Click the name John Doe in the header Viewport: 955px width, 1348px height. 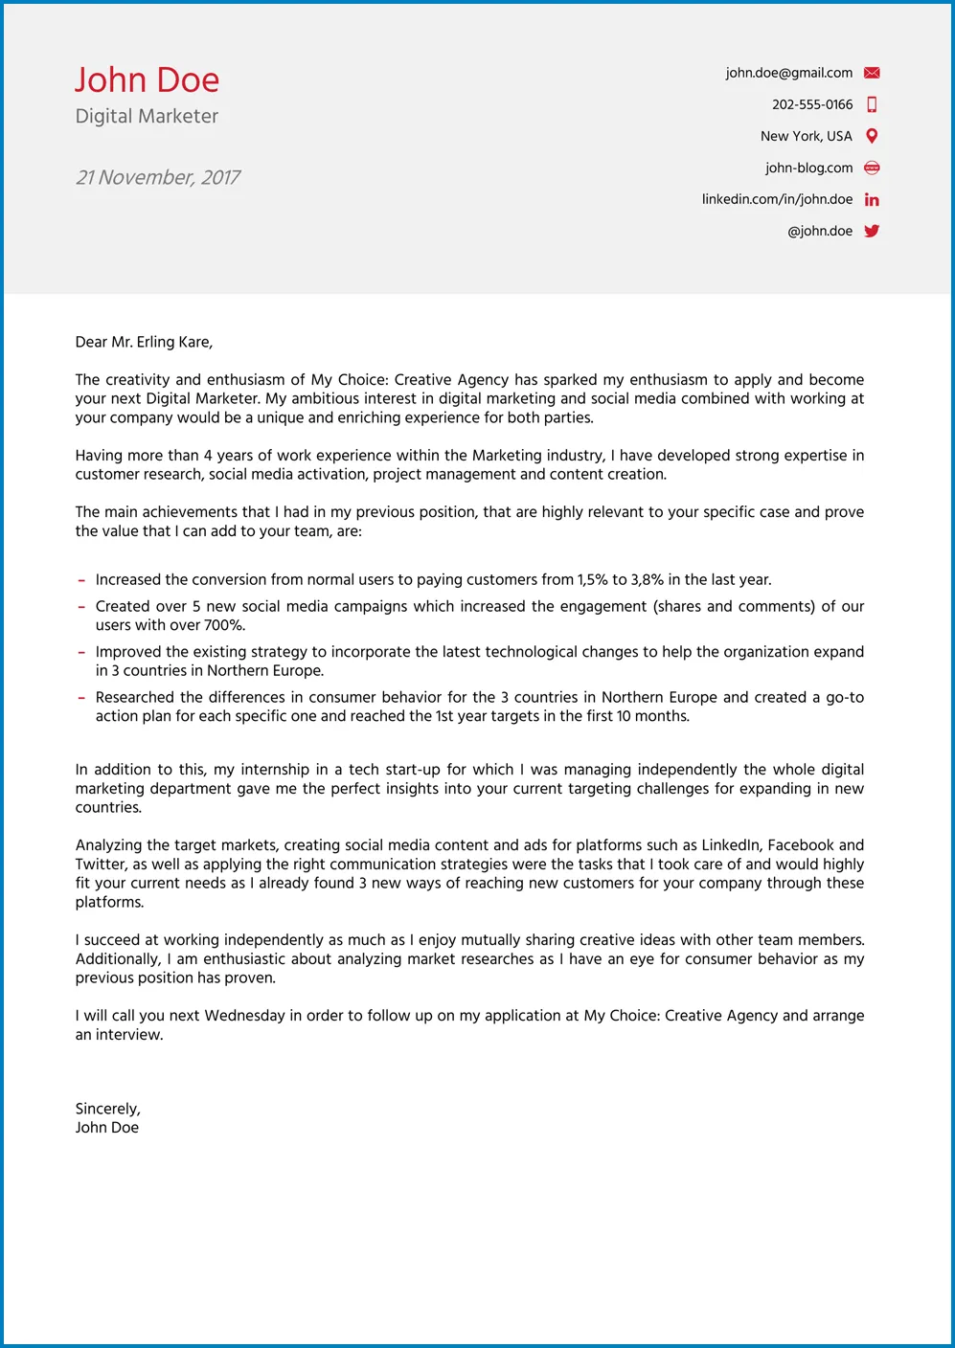[147, 80]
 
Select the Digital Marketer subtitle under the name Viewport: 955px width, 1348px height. [147, 117]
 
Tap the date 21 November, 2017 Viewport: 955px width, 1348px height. [158, 178]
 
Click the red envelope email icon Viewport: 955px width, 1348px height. [872, 73]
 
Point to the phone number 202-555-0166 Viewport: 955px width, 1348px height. [812, 104]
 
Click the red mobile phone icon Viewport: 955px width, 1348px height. [872, 104]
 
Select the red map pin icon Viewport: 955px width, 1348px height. [872, 136]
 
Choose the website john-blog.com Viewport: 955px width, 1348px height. [808, 168]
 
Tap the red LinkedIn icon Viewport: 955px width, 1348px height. [872, 199]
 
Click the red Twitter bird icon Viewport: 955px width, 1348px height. [872, 231]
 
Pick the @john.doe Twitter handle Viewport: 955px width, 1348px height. [820, 231]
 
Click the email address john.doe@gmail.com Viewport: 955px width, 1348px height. [788, 73]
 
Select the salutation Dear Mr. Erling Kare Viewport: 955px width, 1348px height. [144, 342]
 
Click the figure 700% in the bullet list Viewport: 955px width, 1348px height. [224, 625]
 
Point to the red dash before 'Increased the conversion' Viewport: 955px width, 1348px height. [82, 580]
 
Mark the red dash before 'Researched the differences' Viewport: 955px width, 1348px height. [82, 698]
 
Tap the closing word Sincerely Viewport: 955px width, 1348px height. [107, 1109]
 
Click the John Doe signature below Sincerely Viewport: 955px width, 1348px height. [107, 1128]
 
